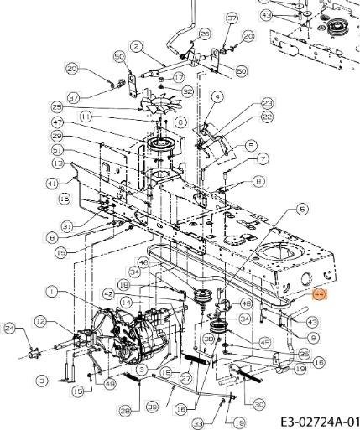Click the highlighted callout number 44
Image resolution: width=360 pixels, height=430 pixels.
tap(319, 294)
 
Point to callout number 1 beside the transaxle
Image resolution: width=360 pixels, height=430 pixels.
tap(52, 292)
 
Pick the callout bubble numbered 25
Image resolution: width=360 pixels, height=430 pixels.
tap(58, 106)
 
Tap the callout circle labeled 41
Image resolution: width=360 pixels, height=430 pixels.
tap(52, 182)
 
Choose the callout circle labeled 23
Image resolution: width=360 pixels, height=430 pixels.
tap(267, 103)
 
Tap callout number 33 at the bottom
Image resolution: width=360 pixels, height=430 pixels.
tap(198, 422)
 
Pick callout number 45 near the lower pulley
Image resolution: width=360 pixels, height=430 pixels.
tap(264, 342)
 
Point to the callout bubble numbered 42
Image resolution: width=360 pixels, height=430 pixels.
tap(108, 294)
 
